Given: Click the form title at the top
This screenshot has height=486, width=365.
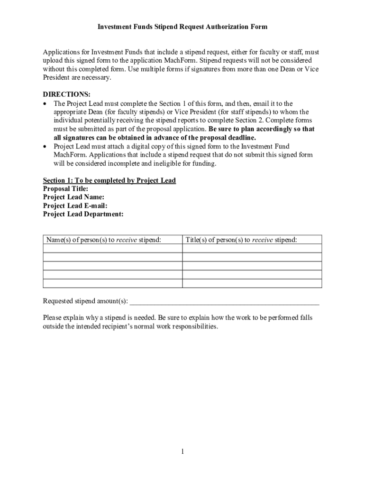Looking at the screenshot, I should pos(182,27).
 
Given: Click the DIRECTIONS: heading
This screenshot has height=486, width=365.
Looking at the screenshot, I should pos(66,94).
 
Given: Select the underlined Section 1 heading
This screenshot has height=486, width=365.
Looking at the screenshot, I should pos(109,180).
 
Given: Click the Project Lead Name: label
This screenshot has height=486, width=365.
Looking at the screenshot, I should pos(73,197).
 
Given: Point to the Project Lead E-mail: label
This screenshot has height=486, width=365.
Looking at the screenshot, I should pos(75,206).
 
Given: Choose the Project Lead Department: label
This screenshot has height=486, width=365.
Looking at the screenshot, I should pos(83,215).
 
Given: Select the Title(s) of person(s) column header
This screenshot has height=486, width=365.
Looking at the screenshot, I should pos(241,240).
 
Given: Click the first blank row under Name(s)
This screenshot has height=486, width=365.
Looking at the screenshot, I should pos(112,248).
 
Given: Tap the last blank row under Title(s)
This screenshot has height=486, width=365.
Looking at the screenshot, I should pos(252,283).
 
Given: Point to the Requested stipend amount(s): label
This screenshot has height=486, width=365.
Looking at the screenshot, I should pos(85,301).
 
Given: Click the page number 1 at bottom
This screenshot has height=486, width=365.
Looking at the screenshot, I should pos(182,451).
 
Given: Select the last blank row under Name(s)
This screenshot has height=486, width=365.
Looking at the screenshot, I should pos(112,283).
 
